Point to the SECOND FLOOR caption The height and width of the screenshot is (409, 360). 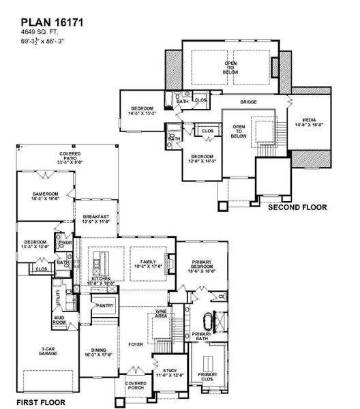coord(297,207)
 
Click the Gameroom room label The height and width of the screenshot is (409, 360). coord(46,196)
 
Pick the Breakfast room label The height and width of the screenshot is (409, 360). coord(97,219)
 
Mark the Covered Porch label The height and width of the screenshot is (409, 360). coord(135,387)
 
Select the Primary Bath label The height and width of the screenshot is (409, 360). coord(202,337)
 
